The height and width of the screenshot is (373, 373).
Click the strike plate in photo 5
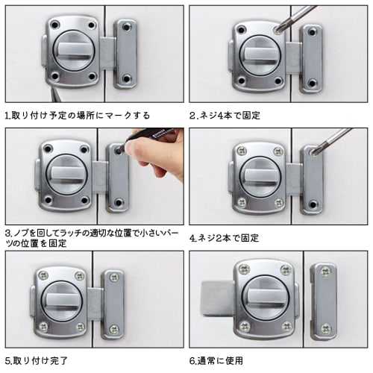click(x=113, y=302)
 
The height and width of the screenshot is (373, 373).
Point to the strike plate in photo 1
click(x=125, y=53)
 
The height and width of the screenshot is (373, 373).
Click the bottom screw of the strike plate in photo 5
click(x=114, y=328)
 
